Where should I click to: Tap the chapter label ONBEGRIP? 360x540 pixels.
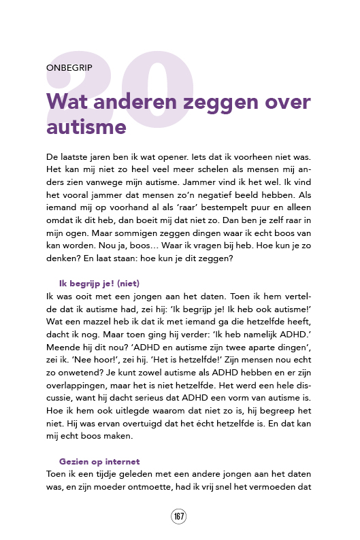tap(70, 68)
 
